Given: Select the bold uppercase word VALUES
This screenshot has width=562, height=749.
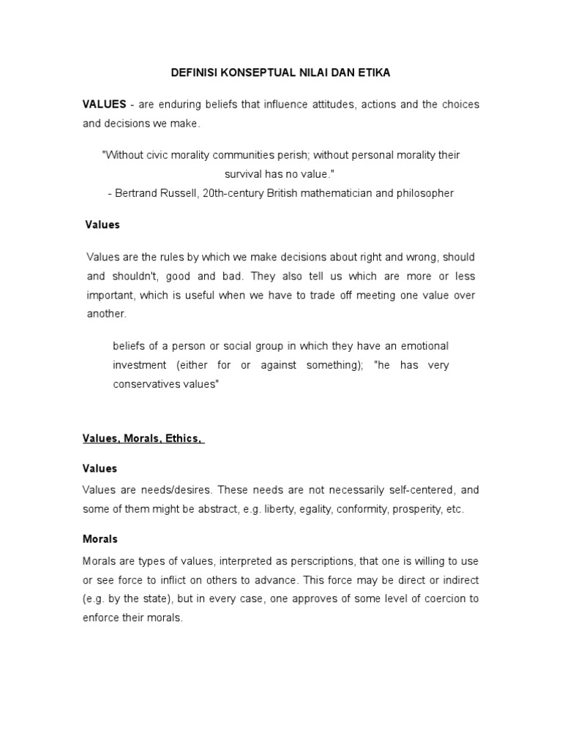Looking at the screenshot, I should point(105,105).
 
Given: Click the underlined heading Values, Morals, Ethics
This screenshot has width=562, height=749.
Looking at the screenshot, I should point(142,438).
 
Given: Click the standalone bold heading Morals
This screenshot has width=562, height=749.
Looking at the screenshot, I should point(100,539).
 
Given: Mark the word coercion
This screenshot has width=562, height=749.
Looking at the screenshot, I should point(445,598).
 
